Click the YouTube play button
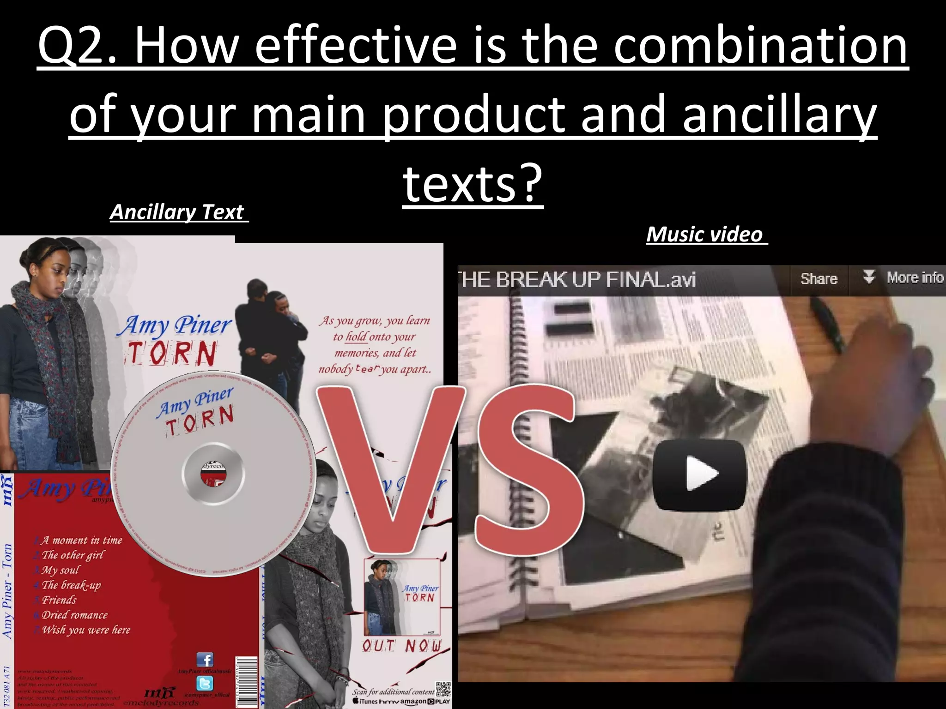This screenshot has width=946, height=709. tap(699, 475)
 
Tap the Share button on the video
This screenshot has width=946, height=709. tap(819, 279)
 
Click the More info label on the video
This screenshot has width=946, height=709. tap(915, 277)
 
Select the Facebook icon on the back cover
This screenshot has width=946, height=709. tap(205, 660)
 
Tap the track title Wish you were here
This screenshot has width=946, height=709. tap(86, 630)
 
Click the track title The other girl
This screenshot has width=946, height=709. tap(73, 555)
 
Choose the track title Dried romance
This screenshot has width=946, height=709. tap(74, 615)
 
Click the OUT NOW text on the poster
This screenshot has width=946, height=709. tap(401, 646)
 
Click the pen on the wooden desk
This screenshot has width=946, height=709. tap(827, 323)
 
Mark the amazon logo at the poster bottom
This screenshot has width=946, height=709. tap(413, 702)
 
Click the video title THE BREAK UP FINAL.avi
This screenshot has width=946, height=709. tap(577, 279)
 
